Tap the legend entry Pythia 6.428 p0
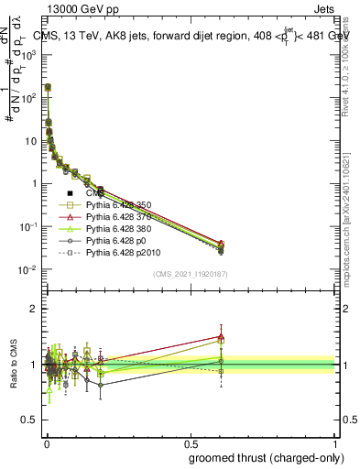coord(114,240)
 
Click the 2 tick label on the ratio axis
coord(37,309)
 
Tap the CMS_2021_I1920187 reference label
coord(191,274)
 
